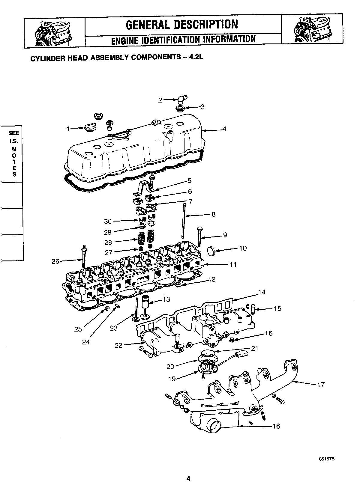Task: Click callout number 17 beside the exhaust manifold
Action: (x=321, y=384)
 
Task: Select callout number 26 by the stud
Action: (x=55, y=261)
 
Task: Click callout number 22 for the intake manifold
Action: (x=119, y=345)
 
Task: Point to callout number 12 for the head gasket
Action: (x=212, y=279)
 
